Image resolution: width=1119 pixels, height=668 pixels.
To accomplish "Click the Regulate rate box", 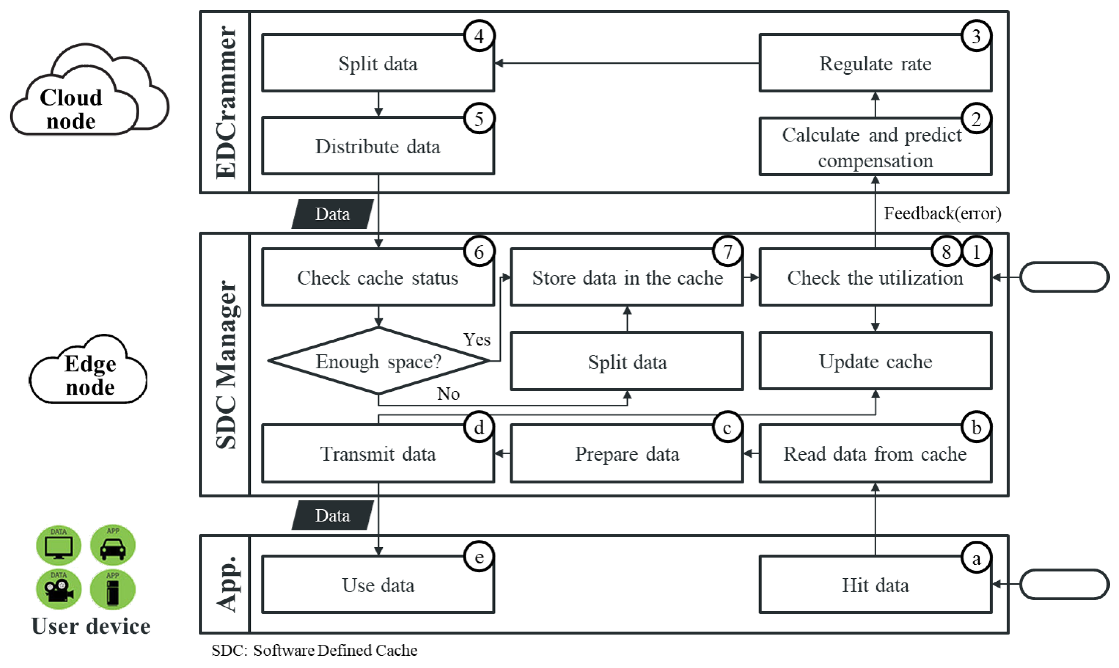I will (875, 63).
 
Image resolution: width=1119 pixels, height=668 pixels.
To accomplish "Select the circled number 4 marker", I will (479, 36).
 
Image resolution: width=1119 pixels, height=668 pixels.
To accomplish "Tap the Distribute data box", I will (378, 146).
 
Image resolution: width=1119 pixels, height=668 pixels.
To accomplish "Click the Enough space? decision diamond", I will (378, 361).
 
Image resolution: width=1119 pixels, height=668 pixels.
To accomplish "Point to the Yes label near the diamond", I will (477, 339).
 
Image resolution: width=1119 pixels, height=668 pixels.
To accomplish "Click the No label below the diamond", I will (448, 394).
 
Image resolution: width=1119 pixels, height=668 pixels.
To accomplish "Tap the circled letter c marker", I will (727, 428).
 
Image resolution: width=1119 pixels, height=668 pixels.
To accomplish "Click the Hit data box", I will (875, 585).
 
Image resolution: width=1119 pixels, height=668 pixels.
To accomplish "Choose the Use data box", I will (378, 585).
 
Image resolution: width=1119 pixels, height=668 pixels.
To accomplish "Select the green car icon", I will (112, 545).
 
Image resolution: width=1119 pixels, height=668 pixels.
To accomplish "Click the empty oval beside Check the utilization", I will (1063, 277).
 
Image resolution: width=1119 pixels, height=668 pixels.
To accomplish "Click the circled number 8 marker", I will (946, 252).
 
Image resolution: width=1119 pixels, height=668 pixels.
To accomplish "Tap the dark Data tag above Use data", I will (332, 515).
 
